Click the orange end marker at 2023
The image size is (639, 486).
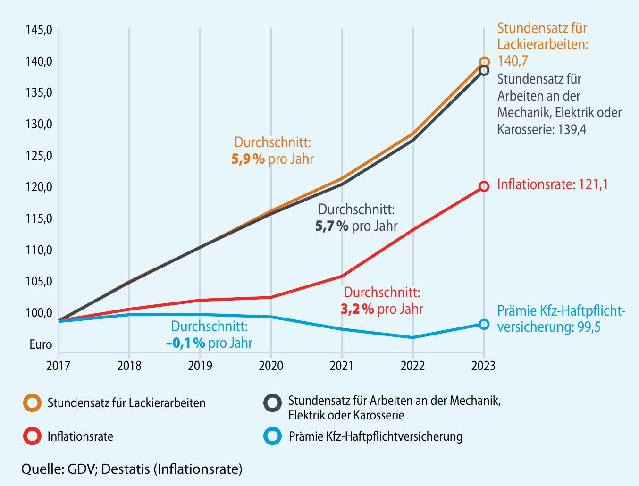484,62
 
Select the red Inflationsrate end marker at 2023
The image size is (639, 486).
484,186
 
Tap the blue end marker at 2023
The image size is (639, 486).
484,324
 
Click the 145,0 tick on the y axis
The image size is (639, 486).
39,30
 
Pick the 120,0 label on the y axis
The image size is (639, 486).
39,187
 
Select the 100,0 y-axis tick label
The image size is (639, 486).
39,312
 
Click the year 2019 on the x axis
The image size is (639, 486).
200,366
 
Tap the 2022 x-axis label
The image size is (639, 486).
412,366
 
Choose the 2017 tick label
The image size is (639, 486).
59,366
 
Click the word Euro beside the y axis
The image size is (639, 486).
41,344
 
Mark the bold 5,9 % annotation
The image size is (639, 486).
248,159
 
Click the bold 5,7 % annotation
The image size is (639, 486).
332,226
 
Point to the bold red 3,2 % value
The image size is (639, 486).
357,309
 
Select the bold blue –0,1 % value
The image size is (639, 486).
185,343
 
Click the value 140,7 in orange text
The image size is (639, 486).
513,61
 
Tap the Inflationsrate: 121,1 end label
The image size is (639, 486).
553,184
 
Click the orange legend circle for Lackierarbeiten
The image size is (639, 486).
33,403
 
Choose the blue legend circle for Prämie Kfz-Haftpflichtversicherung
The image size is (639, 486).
272,436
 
